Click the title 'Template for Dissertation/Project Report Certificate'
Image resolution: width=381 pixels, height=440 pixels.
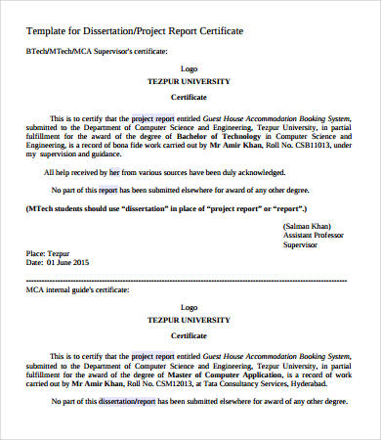tap(134, 31)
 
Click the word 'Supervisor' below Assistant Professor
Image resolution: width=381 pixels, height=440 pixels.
tap(299, 245)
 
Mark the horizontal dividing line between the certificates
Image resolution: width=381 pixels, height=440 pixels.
tap(190, 278)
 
